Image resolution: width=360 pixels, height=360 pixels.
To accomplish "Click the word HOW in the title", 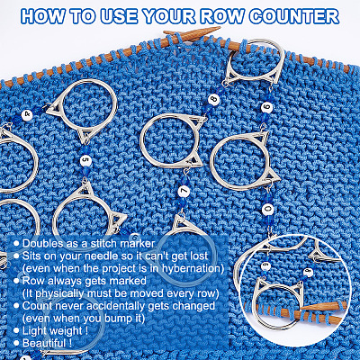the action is pyautogui.click(x=42, y=16).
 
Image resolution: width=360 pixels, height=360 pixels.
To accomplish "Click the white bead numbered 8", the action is pyautogui.click(x=213, y=101).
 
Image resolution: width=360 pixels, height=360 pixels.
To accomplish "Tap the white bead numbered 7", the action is pyautogui.click(x=184, y=192).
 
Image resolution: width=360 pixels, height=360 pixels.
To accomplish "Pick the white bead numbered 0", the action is pyautogui.click(x=266, y=209).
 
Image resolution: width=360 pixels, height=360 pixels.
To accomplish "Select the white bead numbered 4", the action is pyautogui.click(x=28, y=114).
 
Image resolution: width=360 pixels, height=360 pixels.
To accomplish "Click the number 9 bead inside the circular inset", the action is pyautogui.click(x=307, y=272).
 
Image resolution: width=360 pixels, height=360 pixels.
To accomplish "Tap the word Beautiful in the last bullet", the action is pyautogui.click(x=44, y=343).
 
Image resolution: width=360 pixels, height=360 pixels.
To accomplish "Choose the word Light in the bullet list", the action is pyautogui.click(x=34, y=330).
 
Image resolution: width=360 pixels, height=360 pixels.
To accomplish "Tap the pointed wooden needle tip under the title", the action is pyautogui.click(x=218, y=29).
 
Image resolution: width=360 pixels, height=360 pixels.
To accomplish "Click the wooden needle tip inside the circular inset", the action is pyautogui.click(x=304, y=308).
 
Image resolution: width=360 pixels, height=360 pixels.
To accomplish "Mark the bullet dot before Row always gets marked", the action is pyautogui.click(x=17, y=281).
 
